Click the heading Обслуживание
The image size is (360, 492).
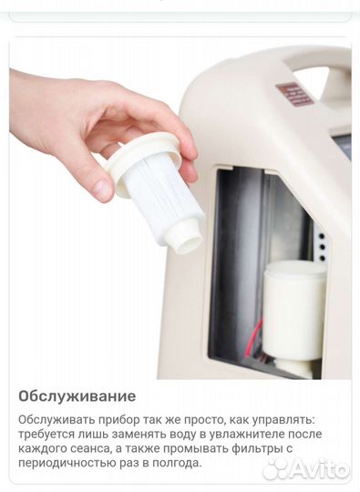[77, 396]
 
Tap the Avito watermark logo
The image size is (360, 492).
[306, 469]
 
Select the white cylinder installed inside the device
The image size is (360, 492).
[293, 311]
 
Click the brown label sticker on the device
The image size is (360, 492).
[294, 93]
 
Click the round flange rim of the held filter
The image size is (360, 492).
[143, 167]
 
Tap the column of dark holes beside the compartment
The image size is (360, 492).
[322, 247]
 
